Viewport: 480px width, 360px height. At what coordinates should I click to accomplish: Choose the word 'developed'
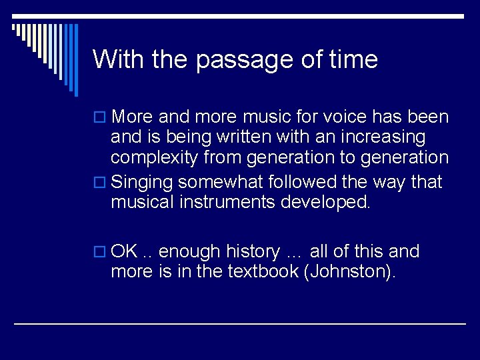click(x=327, y=202)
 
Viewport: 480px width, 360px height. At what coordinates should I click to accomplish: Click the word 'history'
click(x=253, y=251)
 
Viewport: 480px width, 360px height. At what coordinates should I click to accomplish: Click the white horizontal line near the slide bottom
click(x=240, y=323)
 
